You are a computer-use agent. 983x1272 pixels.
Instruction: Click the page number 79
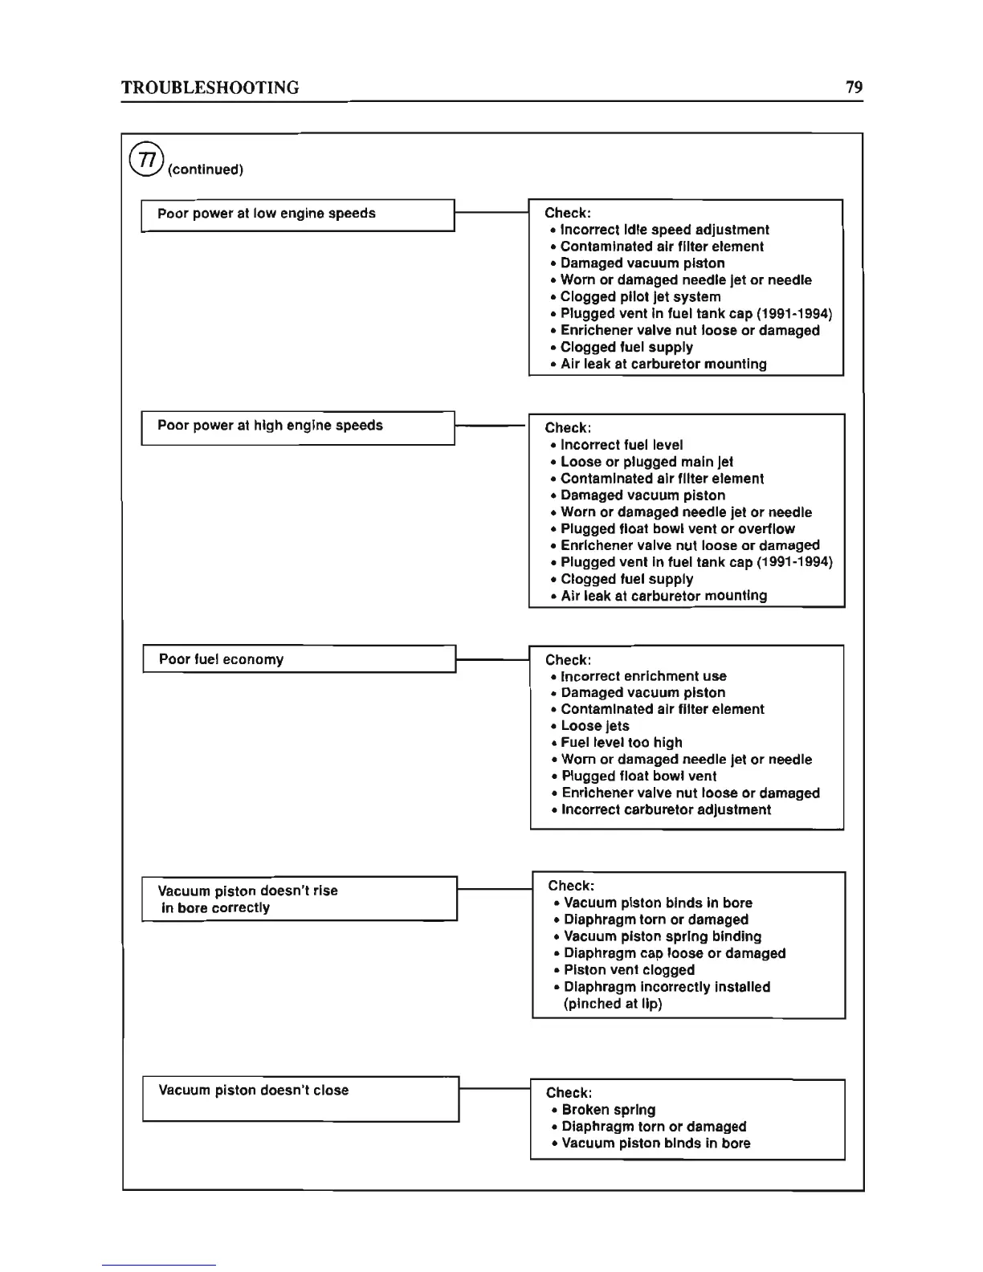pyautogui.click(x=854, y=87)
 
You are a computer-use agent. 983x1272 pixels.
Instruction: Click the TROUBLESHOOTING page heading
pyautogui.click(x=210, y=88)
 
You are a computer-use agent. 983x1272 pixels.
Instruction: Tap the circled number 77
pyautogui.click(x=146, y=159)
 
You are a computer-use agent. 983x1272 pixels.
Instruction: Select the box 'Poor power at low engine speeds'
pyautogui.click(x=298, y=214)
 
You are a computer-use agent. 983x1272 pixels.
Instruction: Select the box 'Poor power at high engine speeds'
pyautogui.click(x=298, y=427)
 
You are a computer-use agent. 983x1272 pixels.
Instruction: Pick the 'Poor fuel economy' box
pyautogui.click(x=299, y=659)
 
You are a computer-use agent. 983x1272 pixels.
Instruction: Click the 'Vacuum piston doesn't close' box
pyautogui.click(x=300, y=1099)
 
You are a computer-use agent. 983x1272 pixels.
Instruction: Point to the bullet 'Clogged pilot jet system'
pyautogui.click(x=640, y=297)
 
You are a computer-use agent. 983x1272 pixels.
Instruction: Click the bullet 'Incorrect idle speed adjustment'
pyautogui.click(x=664, y=230)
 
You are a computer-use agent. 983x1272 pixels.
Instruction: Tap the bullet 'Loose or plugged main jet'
pyautogui.click(x=646, y=462)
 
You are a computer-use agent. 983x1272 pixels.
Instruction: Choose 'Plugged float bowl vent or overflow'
pyautogui.click(x=677, y=529)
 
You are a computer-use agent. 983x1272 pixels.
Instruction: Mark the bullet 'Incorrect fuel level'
pyautogui.click(x=622, y=445)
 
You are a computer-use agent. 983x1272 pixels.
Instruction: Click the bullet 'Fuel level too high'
pyautogui.click(x=622, y=743)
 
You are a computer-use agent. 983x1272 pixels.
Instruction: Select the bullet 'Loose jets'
pyautogui.click(x=595, y=726)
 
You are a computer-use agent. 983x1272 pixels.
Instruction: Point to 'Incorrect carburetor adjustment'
pyautogui.click(x=666, y=809)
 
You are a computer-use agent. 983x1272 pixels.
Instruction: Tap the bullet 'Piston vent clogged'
pyautogui.click(x=629, y=970)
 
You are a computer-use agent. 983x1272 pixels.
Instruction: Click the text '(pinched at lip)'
pyautogui.click(x=613, y=1004)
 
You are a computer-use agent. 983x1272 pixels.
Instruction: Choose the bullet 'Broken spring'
pyautogui.click(x=608, y=1110)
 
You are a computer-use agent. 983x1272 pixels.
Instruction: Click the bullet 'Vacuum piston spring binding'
pyautogui.click(x=663, y=936)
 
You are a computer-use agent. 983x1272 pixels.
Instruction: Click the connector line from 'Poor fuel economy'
pyautogui.click(x=492, y=659)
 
